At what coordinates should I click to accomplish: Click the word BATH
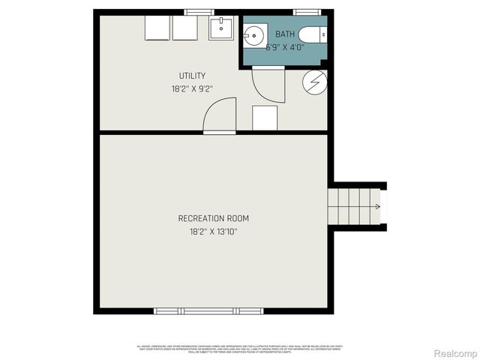click(x=285, y=34)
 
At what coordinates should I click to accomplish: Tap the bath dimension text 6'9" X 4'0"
click(x=285, y=46)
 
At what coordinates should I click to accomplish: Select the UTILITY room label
click(x=192, y=76)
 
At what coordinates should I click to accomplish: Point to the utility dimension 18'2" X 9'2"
click(x=192, y=88)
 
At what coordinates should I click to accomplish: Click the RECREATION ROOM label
click(x=214, y=218)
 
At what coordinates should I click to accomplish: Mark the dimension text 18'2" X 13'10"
click(x=214, y=232)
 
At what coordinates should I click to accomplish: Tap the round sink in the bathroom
click(x=254, y=34)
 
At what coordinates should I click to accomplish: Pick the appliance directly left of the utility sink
click(x=184, y=28)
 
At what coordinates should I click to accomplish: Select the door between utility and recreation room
click(x=220, y=116)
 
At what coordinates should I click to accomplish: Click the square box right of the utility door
click(x=264, y=118)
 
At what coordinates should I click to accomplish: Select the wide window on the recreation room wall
click(x=208, y=310)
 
